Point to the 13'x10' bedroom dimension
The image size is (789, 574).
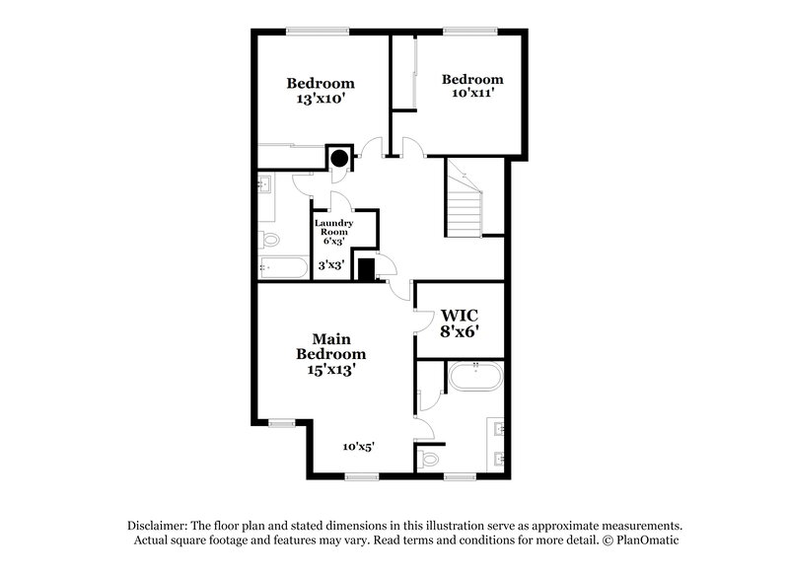tap(321, 100)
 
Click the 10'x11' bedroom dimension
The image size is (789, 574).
tap(472, 94)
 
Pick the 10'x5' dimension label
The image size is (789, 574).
tap(358, 447)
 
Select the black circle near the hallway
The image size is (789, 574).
tap(339, 156)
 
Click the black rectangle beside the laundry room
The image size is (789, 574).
tap(366, 268)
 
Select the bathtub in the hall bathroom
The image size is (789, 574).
tap(282, 267)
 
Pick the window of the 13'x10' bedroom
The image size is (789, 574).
tap(317, 31)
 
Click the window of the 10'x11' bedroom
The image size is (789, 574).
tap(463, 31)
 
